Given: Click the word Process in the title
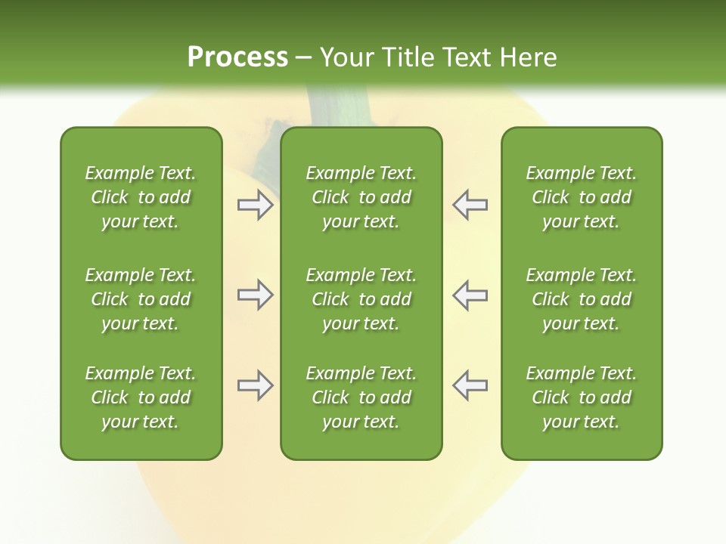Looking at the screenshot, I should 237,57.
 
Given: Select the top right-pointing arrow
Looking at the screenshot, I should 255,205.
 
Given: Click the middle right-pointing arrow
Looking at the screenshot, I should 255,295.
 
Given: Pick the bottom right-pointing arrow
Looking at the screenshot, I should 255,385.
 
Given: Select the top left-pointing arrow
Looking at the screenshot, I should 470,205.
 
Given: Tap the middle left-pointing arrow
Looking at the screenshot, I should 470,295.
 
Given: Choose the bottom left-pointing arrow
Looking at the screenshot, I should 470,385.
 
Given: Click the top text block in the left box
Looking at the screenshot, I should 141,197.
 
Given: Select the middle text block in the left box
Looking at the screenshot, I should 141,299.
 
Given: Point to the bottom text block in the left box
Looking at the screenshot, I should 141,397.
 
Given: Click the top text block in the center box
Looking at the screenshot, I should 361,197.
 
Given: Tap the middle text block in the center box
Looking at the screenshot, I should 361,299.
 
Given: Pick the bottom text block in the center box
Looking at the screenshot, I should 361,397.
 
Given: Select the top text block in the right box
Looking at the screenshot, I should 581,197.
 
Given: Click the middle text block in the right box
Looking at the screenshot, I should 581,299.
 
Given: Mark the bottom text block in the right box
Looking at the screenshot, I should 581,397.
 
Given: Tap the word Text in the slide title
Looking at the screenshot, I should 464,57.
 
